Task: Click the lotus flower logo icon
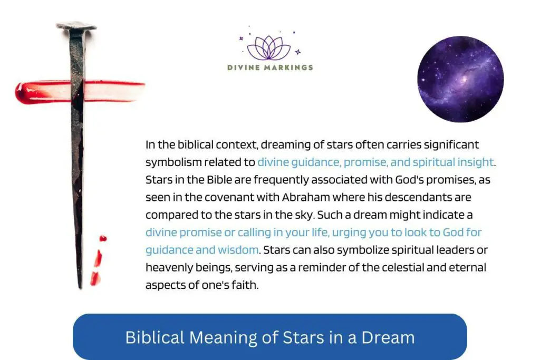click(x=269, y=47)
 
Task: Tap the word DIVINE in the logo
click(x=242, y=67)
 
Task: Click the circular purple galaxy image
click(x=460, y=79)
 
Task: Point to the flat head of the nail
click(x=77, y=25)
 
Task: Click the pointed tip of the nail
click(x=80, y=286)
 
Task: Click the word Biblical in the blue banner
click(x=153, y=337)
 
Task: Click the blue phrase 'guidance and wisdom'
click(x=202, y=249)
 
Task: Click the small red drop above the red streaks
click(x=103, y=239)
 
